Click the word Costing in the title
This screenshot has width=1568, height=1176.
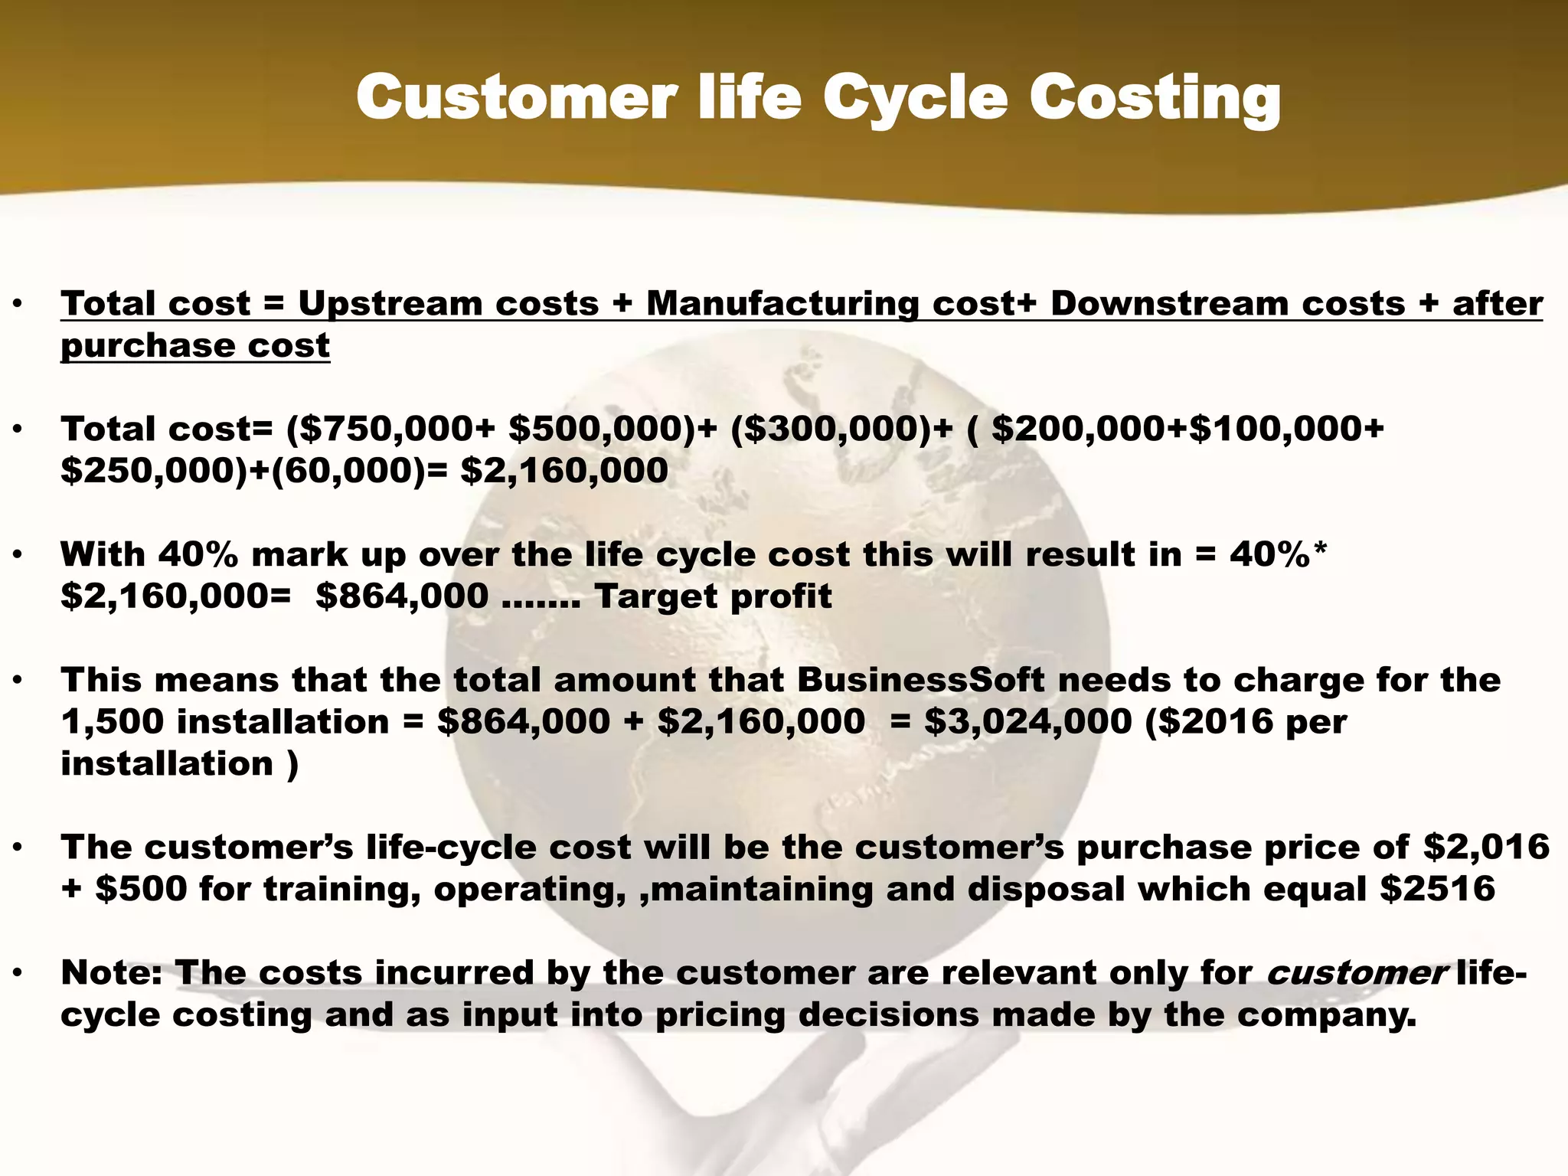pyautogui.click(x=1154, y=100)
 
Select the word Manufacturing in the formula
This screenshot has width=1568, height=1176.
pyautogui.click(x=782, y=304)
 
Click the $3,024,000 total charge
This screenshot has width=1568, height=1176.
pyautogui.click(x=1027, y=722)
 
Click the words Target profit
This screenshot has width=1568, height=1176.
pyautogui.click(x=713, y=596)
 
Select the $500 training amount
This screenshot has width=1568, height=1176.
pyautogui.click(x=141, y=890)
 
